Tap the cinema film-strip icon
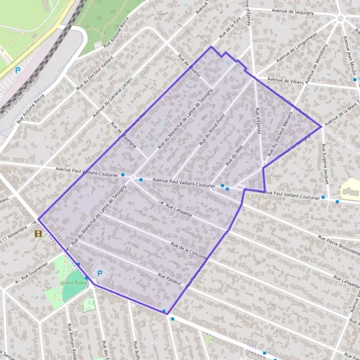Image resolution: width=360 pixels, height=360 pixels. click(39, 233)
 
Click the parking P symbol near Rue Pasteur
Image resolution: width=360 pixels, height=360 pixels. click(100, 274)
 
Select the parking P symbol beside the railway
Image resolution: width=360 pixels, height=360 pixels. click(18, 70)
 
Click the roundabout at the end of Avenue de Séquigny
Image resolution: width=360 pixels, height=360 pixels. click(341, 18)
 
